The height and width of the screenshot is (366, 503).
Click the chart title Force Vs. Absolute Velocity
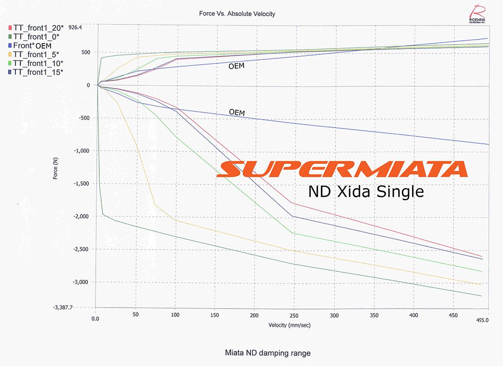point(237,14)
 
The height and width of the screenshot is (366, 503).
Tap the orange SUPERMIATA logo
point(342,169)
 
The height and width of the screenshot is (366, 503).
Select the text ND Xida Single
point(365,191)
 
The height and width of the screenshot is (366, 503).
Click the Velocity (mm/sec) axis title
point(289,325)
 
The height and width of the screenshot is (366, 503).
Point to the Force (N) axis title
point(56,167)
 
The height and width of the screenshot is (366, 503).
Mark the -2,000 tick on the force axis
point(82,216)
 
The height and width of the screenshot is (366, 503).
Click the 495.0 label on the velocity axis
point(483,320)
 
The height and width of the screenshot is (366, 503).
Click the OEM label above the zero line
point(236,66)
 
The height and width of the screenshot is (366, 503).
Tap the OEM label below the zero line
point(237,113)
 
